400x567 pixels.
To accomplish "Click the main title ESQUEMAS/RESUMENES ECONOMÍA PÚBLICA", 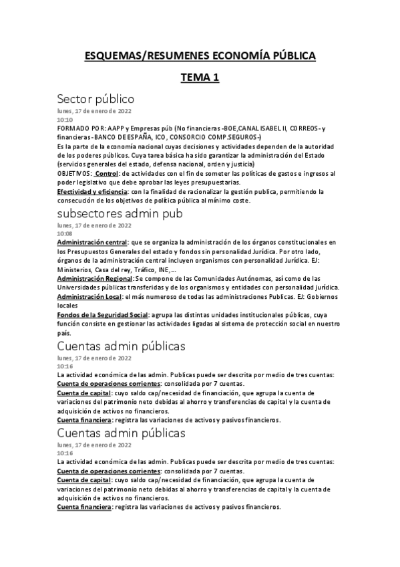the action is (200, 56).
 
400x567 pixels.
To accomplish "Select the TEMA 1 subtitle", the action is (200, 78).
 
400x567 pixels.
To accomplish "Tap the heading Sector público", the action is (95, 100).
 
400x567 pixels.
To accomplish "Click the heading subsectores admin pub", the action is (120, 213).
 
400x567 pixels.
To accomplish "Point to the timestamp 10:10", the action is (65, 120).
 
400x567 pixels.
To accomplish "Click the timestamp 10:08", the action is (65, 233).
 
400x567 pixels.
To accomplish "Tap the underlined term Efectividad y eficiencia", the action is (92, 192).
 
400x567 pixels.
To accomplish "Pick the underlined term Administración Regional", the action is (95, 277).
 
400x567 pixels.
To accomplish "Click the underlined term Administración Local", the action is (89, 296).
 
